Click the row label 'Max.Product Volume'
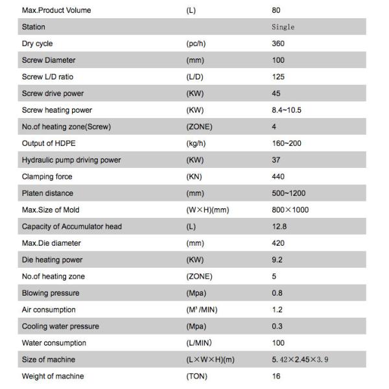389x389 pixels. coord(56,10)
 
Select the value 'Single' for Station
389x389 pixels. coord(283,27)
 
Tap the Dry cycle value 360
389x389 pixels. coord(278,43)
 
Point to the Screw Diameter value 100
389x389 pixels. coord(278,60)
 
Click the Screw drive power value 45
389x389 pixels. coord(276,93)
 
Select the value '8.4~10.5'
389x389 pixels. coord(287,110)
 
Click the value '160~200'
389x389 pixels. coord(287,143)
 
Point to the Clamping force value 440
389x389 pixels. coord(278,176)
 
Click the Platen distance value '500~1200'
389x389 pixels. coord(289,193)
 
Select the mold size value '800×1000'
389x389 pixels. coord(290,210)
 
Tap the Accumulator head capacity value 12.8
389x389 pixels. coord(279,226)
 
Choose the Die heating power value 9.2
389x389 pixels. coord(277,259)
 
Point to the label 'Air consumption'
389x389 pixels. coord(49,310)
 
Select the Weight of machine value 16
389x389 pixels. coord(276,376)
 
